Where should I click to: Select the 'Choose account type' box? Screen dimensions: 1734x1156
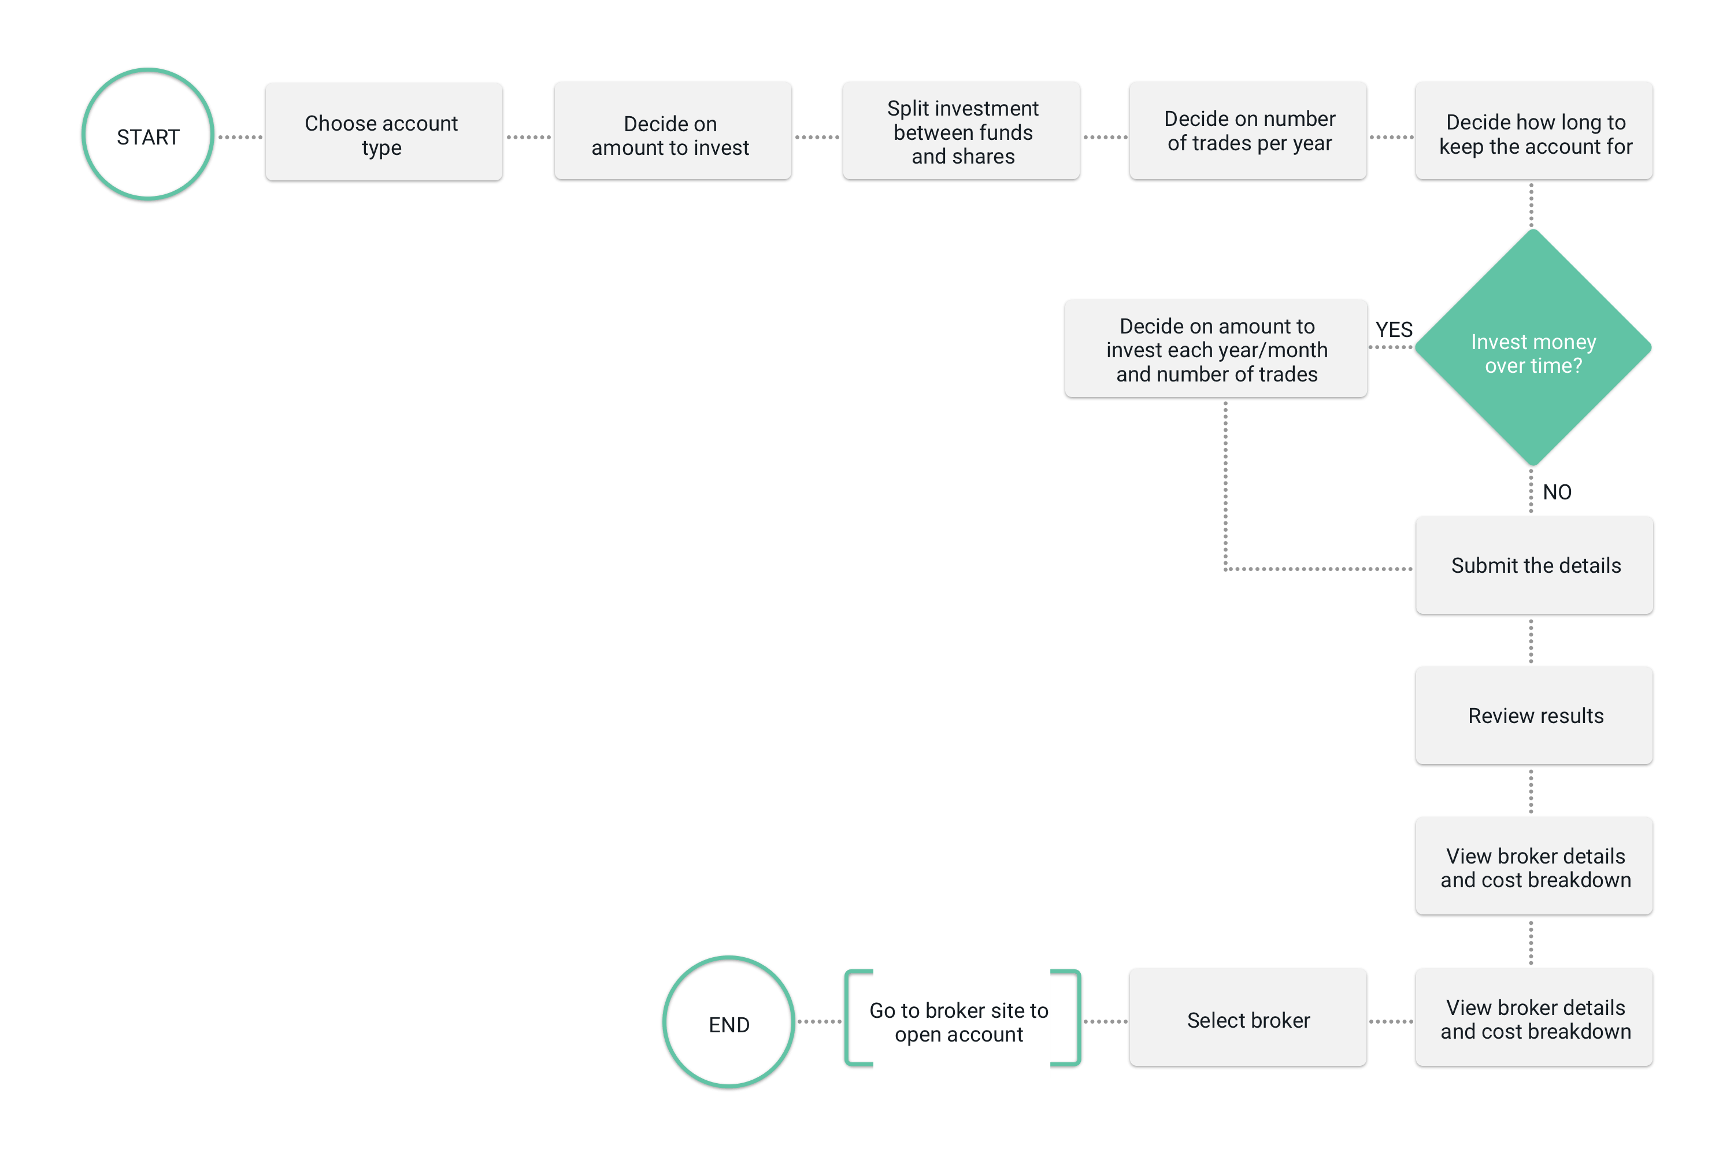pyautogui.click(x=383, y=131)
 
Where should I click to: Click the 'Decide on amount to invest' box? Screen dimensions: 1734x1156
pyautogui.click(x=672, y=131)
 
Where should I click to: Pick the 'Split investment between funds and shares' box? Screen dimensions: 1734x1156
pyautogui.click(x=961, y=131)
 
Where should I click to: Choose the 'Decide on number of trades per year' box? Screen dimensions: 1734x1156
pyautogui.click(x=1247, y=131)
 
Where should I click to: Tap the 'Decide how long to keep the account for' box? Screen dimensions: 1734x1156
pyautogui.click(x=1534, y=131)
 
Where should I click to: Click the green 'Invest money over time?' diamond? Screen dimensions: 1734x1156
pyautogui.click(x=1533, y=347)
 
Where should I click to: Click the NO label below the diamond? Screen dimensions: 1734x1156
pyautogui.click(x=1557, y=492)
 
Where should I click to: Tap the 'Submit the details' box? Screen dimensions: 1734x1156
pyautogui.click(x=1534, y=565)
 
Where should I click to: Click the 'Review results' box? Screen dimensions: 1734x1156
pyautogui.click(x=1534, y=716)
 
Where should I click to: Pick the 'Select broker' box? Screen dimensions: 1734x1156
pyautogui.click(x=1247, y=1017)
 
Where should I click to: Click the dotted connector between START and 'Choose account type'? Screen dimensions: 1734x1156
pyautogui.click(x=240, y=137)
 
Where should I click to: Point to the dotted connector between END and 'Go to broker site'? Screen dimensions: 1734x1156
pyautogui.click(x=819, y=1022)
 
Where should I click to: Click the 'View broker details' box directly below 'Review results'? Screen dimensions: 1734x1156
pyautogui.click(x=1534, y=866)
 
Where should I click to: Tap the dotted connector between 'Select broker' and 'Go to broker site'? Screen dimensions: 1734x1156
pyautogui.click(x=1105, y=1022)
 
